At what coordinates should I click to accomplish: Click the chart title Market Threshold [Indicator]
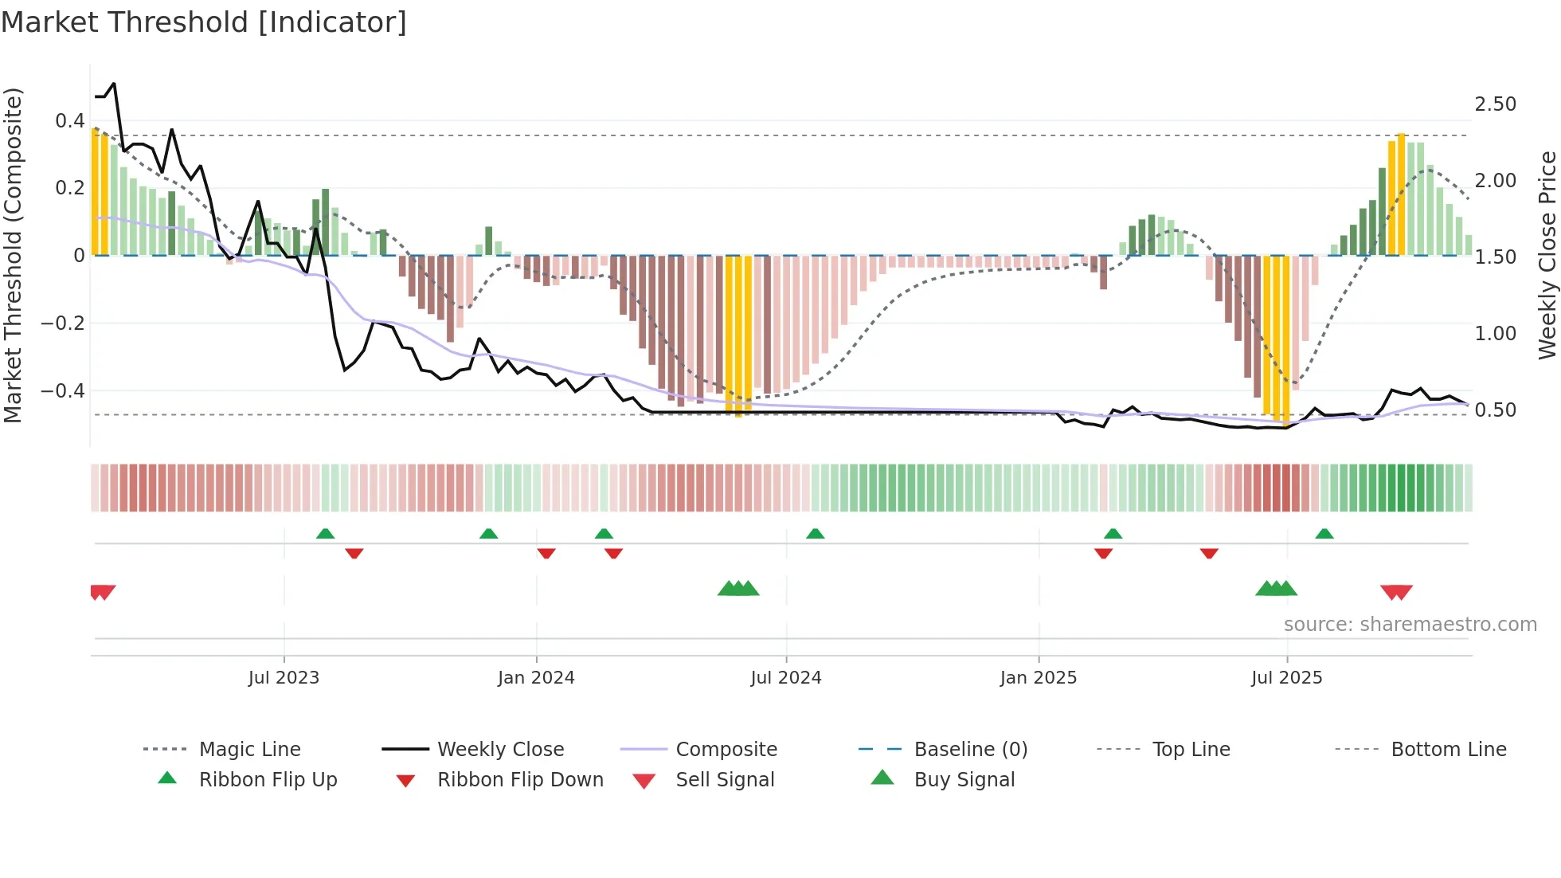(204, 22)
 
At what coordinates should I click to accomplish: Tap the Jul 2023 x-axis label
(284, 678)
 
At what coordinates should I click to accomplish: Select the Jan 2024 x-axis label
(536, 678)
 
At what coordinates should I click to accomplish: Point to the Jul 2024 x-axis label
(786, 678)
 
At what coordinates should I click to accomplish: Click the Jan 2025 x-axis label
(1039, 678)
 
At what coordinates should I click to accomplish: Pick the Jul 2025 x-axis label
(1287, 678)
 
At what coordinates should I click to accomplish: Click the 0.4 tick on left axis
(70, 121)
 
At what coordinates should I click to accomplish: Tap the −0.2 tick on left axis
(63, 323)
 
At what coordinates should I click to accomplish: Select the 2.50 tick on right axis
(1496, 104)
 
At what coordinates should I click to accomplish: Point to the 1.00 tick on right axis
(1496, 334)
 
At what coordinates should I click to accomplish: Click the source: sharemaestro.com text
(1410, 625)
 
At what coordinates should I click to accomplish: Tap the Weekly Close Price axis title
(1547, 255)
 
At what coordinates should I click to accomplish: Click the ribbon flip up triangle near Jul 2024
(815, 534)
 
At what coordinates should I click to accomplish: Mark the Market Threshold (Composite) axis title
(13, 255)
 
